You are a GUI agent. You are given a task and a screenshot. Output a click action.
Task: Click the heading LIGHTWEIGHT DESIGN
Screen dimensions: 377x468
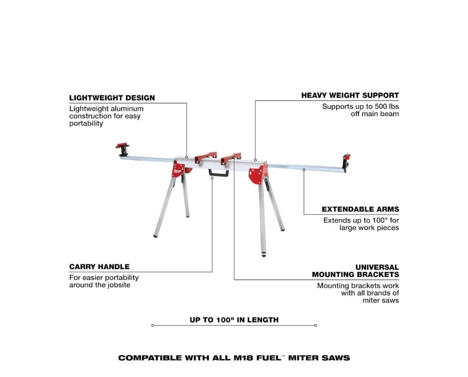[112, 98]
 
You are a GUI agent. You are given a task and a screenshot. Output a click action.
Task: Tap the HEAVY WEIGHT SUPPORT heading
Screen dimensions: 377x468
[350, 95]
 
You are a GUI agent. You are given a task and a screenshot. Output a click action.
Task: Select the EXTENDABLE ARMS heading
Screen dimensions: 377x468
[360, 209]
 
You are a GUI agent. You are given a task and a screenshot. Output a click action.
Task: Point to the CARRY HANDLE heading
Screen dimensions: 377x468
[99, 267]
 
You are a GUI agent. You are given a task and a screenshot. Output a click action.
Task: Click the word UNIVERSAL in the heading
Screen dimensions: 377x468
[377, 267]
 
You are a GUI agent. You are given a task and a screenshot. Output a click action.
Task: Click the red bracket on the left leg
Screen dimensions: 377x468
[178, 169]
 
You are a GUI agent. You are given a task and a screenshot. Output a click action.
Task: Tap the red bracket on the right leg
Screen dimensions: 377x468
[256, 175]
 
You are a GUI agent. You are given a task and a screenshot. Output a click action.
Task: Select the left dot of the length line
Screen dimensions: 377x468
[152, 325]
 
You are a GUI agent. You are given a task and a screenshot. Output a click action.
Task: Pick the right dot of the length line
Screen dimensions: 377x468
[316, 325]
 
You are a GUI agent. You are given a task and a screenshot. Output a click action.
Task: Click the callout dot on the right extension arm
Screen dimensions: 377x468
[304, 170]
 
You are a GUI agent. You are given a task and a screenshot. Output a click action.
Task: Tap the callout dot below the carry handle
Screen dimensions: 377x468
[212, 178]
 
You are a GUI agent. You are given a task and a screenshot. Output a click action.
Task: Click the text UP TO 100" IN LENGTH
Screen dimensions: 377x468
[234, 320]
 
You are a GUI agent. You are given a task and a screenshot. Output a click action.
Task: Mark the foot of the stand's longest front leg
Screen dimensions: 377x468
[264, 255]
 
